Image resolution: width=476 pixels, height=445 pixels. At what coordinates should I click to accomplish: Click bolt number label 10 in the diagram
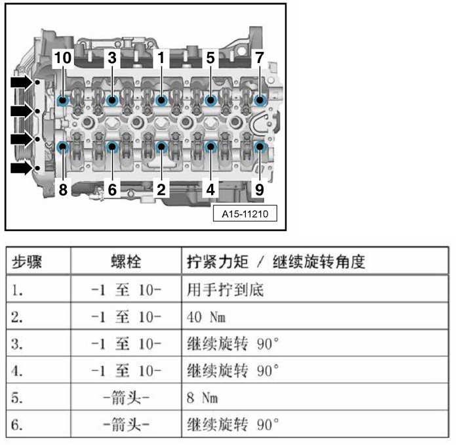[x=62, y=58]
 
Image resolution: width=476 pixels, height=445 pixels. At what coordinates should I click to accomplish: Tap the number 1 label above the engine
[x=161, y=58]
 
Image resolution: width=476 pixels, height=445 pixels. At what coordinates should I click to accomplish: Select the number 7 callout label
[x=260, y=58]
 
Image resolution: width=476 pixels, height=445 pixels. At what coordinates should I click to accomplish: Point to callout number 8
[x=62, y=190]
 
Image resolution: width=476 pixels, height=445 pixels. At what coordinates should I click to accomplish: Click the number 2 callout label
[x=161, y=190]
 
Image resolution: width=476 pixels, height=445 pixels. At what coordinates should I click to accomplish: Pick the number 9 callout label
[x=260, y=190]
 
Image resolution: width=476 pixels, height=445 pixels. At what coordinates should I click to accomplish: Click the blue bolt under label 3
[x=112, y=100]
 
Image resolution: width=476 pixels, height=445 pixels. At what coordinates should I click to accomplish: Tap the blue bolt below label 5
[x=210, y=100]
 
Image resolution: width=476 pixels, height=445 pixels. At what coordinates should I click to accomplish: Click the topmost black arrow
[x=22, y=82]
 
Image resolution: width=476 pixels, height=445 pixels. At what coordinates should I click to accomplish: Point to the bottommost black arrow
[x=22, y=169]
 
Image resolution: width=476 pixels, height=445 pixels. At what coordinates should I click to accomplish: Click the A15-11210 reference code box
[x=245, y=214]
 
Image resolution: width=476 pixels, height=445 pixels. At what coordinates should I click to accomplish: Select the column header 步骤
[x=28, y=262]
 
